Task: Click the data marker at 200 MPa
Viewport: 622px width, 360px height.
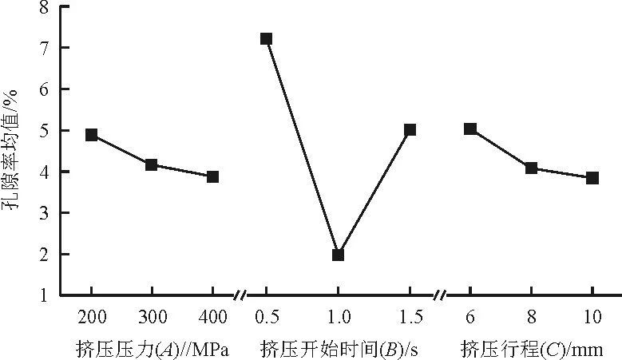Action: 92,135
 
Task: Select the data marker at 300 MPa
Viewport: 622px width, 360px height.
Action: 151,164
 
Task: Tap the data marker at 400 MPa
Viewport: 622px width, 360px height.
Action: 212,176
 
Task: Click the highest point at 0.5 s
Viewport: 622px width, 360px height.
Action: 266,38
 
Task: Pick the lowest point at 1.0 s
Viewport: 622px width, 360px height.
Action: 338,255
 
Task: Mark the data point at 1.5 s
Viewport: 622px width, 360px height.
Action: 410,129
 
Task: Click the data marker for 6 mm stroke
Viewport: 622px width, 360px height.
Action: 470,129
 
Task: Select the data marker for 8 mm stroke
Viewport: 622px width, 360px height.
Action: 531,168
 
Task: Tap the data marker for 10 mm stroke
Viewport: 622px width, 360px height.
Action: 592,178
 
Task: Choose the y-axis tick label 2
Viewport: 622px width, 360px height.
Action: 42,255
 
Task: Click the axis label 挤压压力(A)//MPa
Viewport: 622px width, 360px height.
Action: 153,349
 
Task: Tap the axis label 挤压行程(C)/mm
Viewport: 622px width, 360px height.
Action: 530,349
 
